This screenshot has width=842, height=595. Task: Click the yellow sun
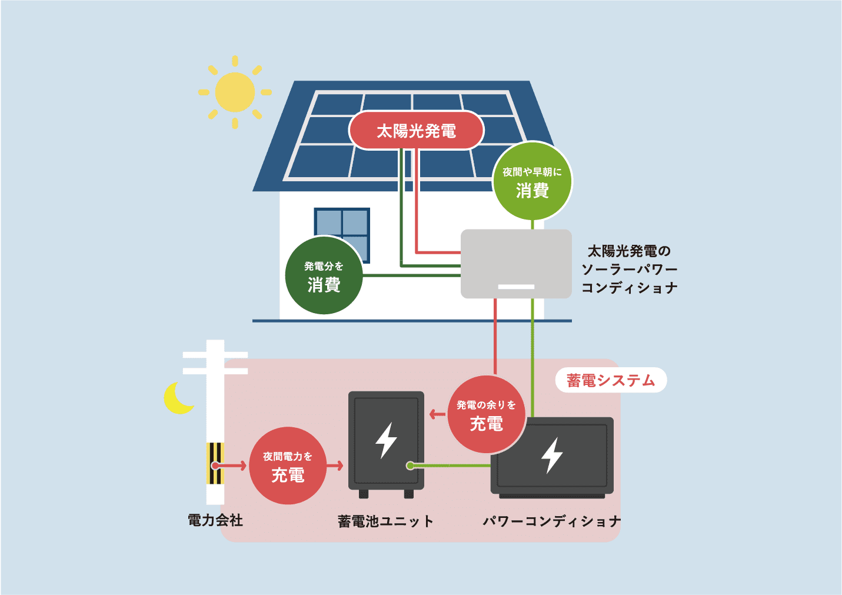(235, 92)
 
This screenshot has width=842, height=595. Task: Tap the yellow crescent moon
(177, 399)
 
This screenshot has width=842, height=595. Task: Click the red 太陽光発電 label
(416, 131)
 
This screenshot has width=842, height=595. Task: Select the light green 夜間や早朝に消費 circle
(532, 181)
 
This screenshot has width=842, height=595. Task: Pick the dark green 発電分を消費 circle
(324, 276)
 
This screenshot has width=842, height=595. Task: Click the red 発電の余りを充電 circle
(486, 414)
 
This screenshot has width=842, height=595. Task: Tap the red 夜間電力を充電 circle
(288, 466)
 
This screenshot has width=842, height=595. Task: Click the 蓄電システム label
(611, 380)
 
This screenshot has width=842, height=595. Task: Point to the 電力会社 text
(215, 520)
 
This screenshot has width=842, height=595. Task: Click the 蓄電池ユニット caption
(385, 521)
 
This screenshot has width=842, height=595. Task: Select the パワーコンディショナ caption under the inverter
(551, 521)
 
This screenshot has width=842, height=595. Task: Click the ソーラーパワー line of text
(629, 270)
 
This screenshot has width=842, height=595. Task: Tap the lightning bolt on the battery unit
(386, 440)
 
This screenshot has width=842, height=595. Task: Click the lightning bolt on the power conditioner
(552, 455)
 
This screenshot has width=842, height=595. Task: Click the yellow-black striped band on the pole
(215, 463)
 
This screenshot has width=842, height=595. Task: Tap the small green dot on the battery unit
(410, 466)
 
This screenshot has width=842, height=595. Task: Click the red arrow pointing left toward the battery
(437, 414)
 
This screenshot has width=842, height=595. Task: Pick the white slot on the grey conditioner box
(516, 287)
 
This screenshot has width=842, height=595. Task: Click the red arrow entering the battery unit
(335, 466)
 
